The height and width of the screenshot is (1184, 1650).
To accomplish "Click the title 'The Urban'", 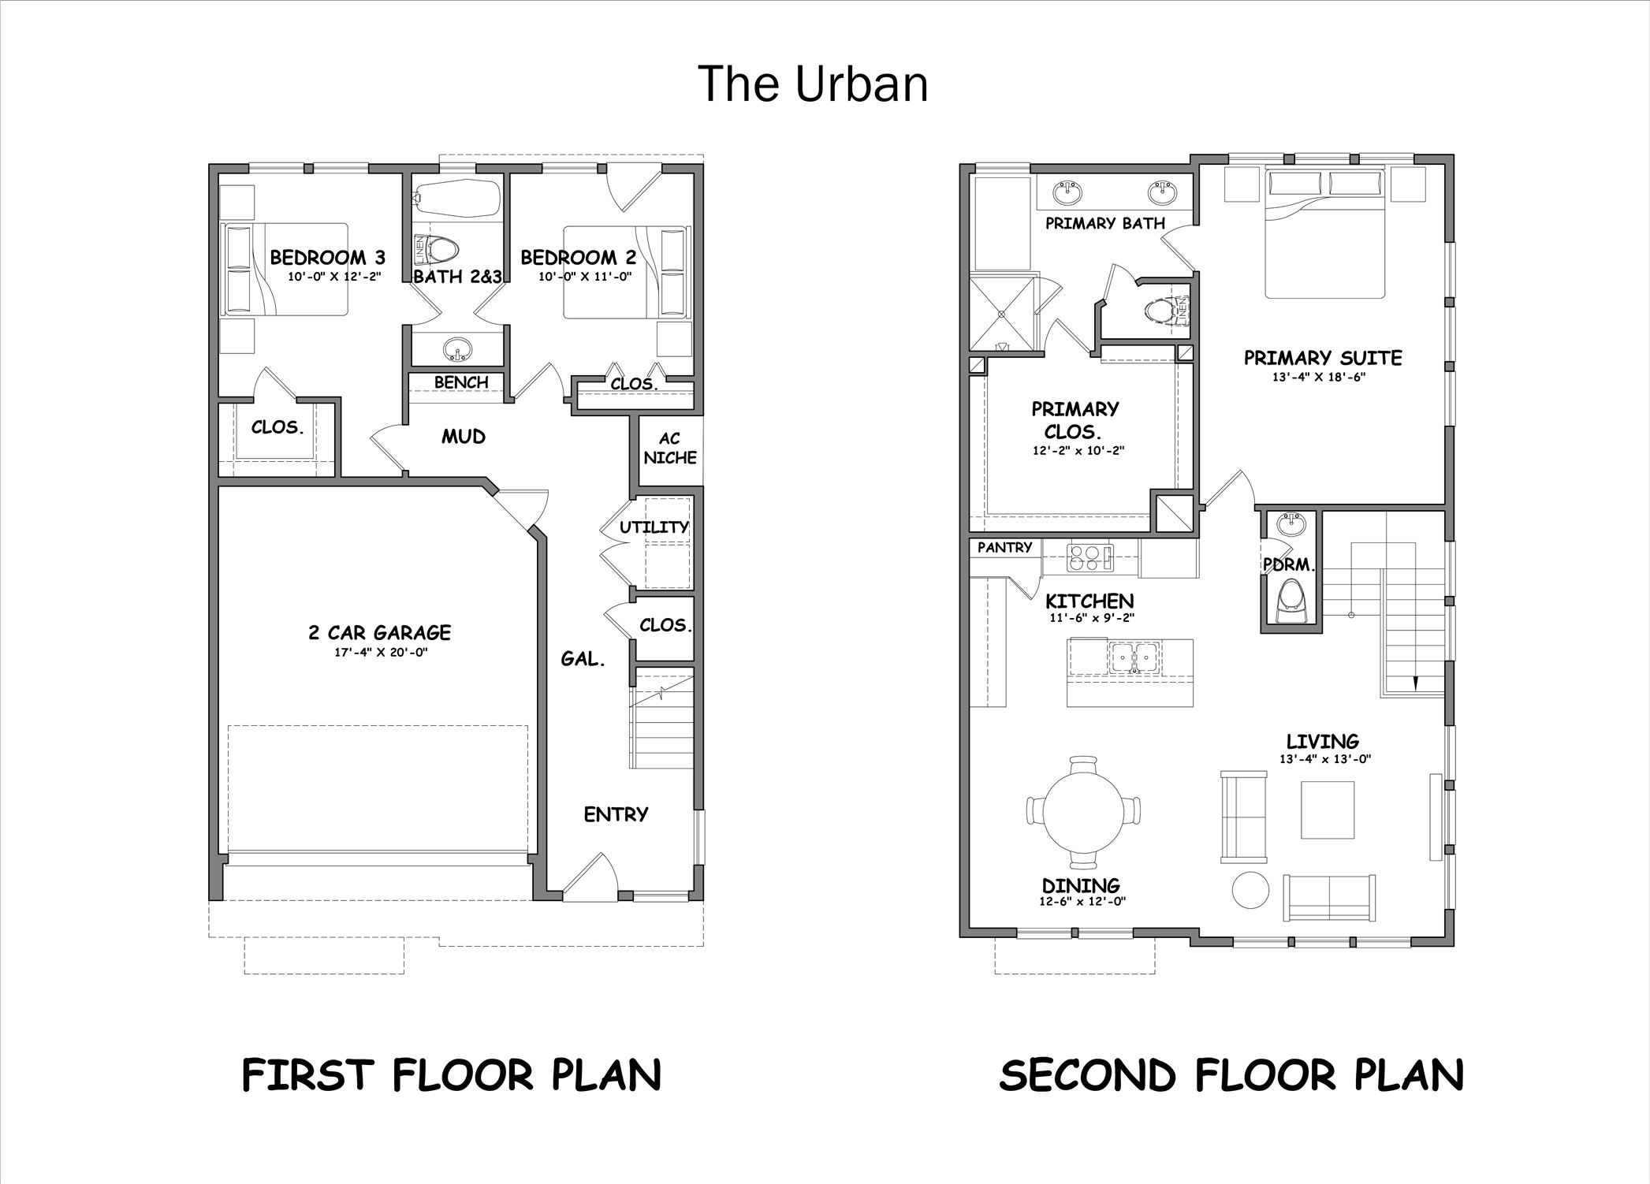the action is click(x=813, y=84).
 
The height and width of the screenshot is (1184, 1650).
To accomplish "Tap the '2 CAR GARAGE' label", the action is click(x=379, y=632).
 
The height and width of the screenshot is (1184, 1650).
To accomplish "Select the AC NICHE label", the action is click(x=669, y=448).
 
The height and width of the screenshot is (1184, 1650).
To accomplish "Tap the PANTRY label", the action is click(x=1004, y=547).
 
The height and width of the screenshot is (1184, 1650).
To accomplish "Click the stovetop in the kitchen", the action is click(x=1089, y=557).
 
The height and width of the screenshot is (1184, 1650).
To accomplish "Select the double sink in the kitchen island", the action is click(x=1134, y=657).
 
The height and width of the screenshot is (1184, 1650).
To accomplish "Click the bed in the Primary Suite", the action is click(x=1324, y=233).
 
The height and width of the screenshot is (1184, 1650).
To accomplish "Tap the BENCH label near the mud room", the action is click(x=461, y=382).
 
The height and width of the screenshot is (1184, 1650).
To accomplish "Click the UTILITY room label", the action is click(x=654, y=527).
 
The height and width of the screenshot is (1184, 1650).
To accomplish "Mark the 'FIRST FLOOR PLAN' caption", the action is click(x=452, y=1075).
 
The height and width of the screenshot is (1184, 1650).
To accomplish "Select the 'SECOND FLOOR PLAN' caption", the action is click(x=1231, y=1075).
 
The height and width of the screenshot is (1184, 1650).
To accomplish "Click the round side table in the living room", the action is click(x=1250, y=891).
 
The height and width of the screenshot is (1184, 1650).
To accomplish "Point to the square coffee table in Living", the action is click(x=1328, y=810).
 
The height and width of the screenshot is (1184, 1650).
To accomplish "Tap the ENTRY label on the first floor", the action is click(x=616, y=814).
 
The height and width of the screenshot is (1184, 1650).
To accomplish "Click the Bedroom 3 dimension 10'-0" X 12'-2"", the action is click(x=334, y=277).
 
